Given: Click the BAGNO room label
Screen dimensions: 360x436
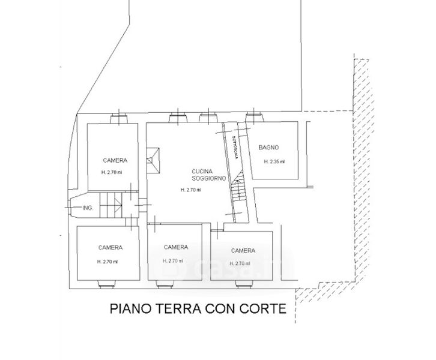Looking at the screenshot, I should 269,148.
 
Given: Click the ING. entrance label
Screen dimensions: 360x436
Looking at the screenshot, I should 87,208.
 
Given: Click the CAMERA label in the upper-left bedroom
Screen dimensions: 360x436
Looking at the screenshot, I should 114,160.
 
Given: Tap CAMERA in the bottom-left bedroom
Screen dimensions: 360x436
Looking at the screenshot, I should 111,248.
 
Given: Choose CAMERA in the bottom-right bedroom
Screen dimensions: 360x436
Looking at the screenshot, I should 243,250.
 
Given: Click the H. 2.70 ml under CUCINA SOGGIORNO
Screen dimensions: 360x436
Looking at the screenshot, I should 191,190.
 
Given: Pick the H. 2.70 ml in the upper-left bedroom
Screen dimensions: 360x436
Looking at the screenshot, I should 111,172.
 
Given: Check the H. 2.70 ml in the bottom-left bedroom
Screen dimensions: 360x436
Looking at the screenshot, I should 107,262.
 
